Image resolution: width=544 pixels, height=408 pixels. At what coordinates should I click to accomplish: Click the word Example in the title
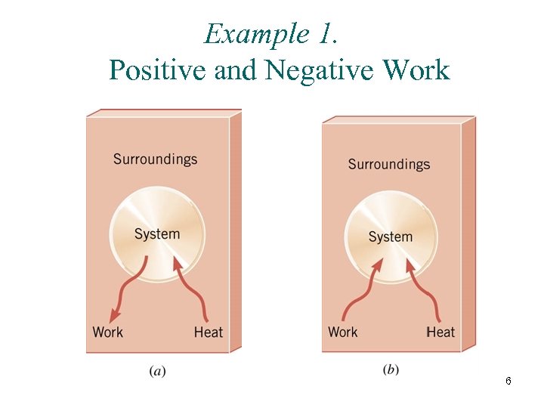coord(246,35)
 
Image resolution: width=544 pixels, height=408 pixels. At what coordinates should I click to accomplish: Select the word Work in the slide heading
coord(416,70)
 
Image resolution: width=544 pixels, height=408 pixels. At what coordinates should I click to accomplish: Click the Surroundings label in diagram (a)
coord(155,159)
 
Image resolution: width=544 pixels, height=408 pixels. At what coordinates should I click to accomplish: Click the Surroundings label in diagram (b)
coord(388,164)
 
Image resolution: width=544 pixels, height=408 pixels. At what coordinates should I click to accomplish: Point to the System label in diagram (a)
coord(157,234)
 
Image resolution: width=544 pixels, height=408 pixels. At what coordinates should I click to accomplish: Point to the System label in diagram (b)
coord(391,237)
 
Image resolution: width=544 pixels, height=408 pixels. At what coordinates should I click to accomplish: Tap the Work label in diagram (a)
coord(107,332)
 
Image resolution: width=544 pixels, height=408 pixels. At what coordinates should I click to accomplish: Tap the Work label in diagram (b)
coord(343,332)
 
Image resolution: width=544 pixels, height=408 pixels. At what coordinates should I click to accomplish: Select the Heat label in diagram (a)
coord(209,332)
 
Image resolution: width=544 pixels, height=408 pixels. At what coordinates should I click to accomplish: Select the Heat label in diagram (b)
coord(440,332)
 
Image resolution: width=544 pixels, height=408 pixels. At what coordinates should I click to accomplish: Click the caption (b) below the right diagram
coord(391,369)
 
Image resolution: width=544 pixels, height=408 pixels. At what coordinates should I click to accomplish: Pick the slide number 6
coord(508,382)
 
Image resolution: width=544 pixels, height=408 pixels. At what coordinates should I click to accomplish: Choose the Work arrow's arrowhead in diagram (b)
coord(377,265)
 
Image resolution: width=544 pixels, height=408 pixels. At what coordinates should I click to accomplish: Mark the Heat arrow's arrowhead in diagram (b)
coord(410,264)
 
